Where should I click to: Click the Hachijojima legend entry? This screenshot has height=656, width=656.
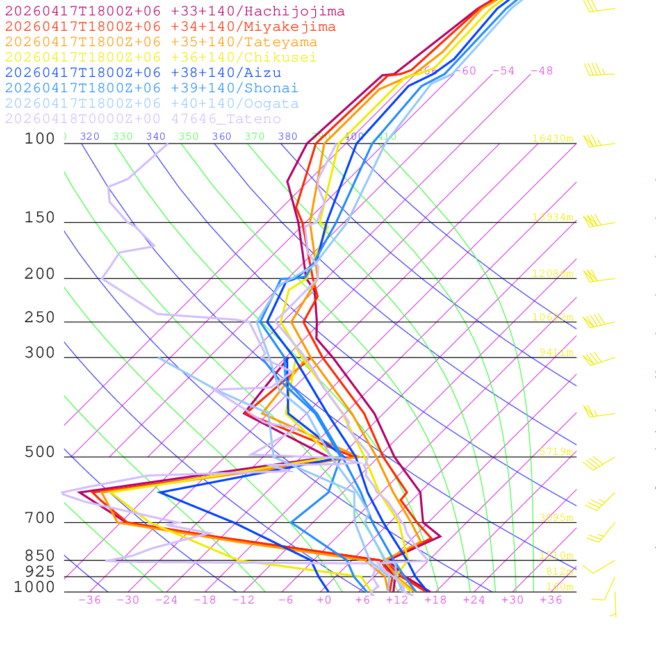click(x=174, y=12)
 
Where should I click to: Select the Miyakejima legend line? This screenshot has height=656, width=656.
click(x=170, y=27)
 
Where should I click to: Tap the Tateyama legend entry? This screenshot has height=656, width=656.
click(x=161, y=42)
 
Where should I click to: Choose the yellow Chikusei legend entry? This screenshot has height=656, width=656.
click(x=161, y=58)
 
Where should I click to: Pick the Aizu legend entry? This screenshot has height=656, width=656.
click(x=143, y=73)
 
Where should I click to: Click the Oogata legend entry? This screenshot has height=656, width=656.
click(x=152, y=104)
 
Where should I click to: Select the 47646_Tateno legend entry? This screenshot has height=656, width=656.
click(x=143, y=119)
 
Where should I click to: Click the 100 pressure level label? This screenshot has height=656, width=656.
click(x=40, y=138)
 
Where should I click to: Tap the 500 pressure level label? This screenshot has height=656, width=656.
click(x=40, y=452)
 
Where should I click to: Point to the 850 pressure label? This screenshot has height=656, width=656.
click(x=40, y=556)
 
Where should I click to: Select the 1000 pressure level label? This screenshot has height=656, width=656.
click(x=34, y=587)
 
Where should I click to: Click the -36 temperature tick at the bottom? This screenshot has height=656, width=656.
click(x=89, y=600)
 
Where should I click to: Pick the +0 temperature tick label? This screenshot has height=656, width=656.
click(x=324, y=600)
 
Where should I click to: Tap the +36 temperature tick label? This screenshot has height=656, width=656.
click(x=550, y=600)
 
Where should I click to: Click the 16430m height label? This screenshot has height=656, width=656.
click(x=553, y=138)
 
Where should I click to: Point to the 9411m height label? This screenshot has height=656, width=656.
click(x=556, y=352)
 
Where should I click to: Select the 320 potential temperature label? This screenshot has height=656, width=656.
click(x=90, y=136)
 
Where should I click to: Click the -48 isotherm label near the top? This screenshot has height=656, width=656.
click(x=541, y=71)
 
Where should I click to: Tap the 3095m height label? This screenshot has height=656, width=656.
click(x=556, y=518)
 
